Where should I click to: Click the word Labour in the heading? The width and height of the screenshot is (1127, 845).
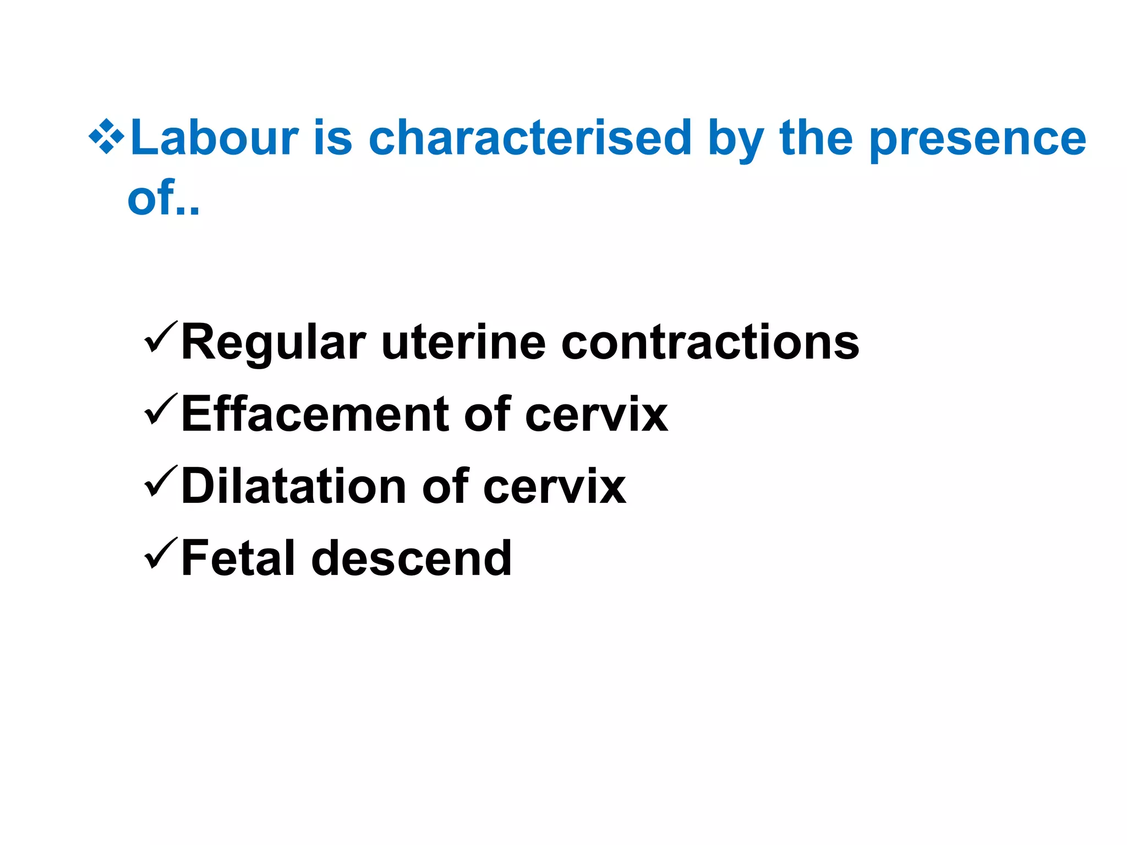(x=215, y=138)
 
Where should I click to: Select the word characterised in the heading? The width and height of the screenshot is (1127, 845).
(x=530, y=138)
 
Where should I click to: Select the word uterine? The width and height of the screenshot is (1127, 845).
(x=463, y=342)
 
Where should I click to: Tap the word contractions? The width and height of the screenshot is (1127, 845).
(x=710, y=342)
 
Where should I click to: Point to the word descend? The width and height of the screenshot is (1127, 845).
(x=412, y=558)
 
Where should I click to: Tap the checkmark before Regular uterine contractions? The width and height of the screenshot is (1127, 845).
(x=160, y=337)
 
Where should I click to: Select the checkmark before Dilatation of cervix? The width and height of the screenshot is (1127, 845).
(x=160, y=481)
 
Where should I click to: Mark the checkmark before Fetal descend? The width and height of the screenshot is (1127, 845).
(x=160, y=553)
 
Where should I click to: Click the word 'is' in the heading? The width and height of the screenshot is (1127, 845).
(x=333, y=138)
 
